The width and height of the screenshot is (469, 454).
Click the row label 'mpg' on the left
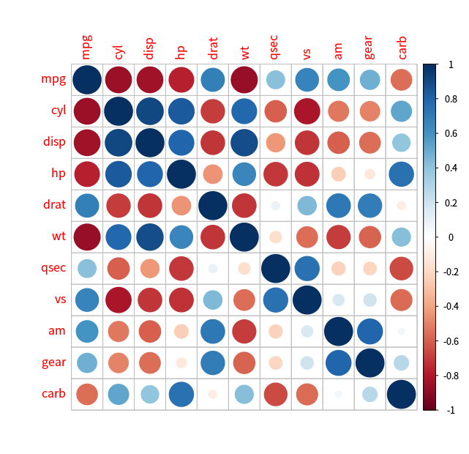click(53, 79)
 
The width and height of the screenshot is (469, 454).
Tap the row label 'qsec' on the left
click(52, 268)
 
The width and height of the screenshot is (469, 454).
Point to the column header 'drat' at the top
click(213, 47)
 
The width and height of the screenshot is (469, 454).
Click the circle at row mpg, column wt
click(244, 79)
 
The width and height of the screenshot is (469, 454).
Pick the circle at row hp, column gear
click(369, 174)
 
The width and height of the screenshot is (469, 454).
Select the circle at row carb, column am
click(338, 394)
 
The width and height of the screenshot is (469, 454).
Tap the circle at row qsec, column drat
click(213, 268)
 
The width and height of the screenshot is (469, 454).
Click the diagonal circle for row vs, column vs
click(307, 299)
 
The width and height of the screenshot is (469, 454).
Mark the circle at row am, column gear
click(369, 331)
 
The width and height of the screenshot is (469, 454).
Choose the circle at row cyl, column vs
click(307, 111)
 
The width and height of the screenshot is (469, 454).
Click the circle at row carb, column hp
click(181, 394)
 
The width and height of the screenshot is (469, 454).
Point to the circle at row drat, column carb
click(401, 205)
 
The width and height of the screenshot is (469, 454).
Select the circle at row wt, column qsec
click(276, 237)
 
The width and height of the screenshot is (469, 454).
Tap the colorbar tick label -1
click(448, 411)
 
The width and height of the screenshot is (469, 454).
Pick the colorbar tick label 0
click(449, 238)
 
